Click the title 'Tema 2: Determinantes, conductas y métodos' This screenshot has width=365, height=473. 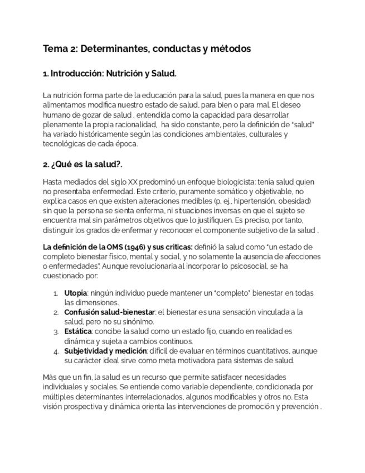coord(147,49)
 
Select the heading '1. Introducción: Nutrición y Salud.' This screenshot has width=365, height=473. coord(110,74)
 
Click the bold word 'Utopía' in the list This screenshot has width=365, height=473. coord(75,293)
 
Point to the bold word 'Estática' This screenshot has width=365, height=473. coord(79,332)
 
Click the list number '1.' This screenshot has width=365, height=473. coord(56,293)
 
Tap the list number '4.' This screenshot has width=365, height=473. coord(56,351)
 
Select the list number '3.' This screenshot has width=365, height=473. coord(56,332)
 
